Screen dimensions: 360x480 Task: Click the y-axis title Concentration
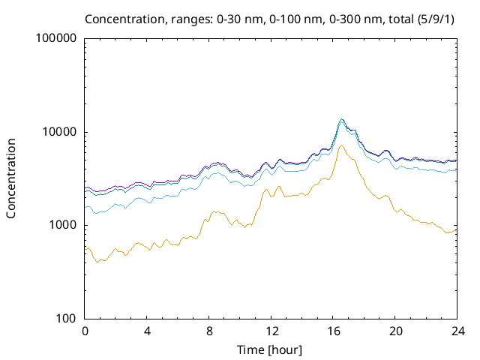tap(11, 178)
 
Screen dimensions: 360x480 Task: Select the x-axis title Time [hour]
tap(270, 349)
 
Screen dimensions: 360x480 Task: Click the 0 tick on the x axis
tap(85, 331)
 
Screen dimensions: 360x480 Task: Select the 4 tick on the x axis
tap(148, 331)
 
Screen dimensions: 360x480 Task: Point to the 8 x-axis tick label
tap(209, 331)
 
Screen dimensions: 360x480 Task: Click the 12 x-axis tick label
tap(271, 331)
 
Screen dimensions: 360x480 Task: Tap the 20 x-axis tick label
tap(395, 331)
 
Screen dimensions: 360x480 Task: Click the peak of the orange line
tap(341, 145)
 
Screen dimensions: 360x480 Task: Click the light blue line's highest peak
tap(341, 121)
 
